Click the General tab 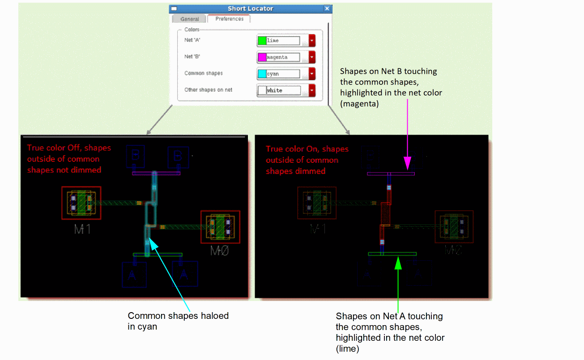click(190, 19)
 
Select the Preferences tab click(229, 19)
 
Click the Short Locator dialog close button click(327, 8)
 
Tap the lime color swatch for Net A click(262, 41)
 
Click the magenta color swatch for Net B click(262, 57)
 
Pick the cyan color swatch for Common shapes click(262, 74)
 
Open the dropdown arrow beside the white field click(312, 90)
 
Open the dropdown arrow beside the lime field click(312, 41)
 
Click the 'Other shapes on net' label click(208, 90)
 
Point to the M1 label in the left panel click(82, 229)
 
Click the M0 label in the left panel click(220, 251)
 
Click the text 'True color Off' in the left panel click(52, 148)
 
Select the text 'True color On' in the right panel click(290, 149)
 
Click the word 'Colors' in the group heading click(192, 30)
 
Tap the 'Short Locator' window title click(250, 8)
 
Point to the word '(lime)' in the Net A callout click(348, 348)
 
